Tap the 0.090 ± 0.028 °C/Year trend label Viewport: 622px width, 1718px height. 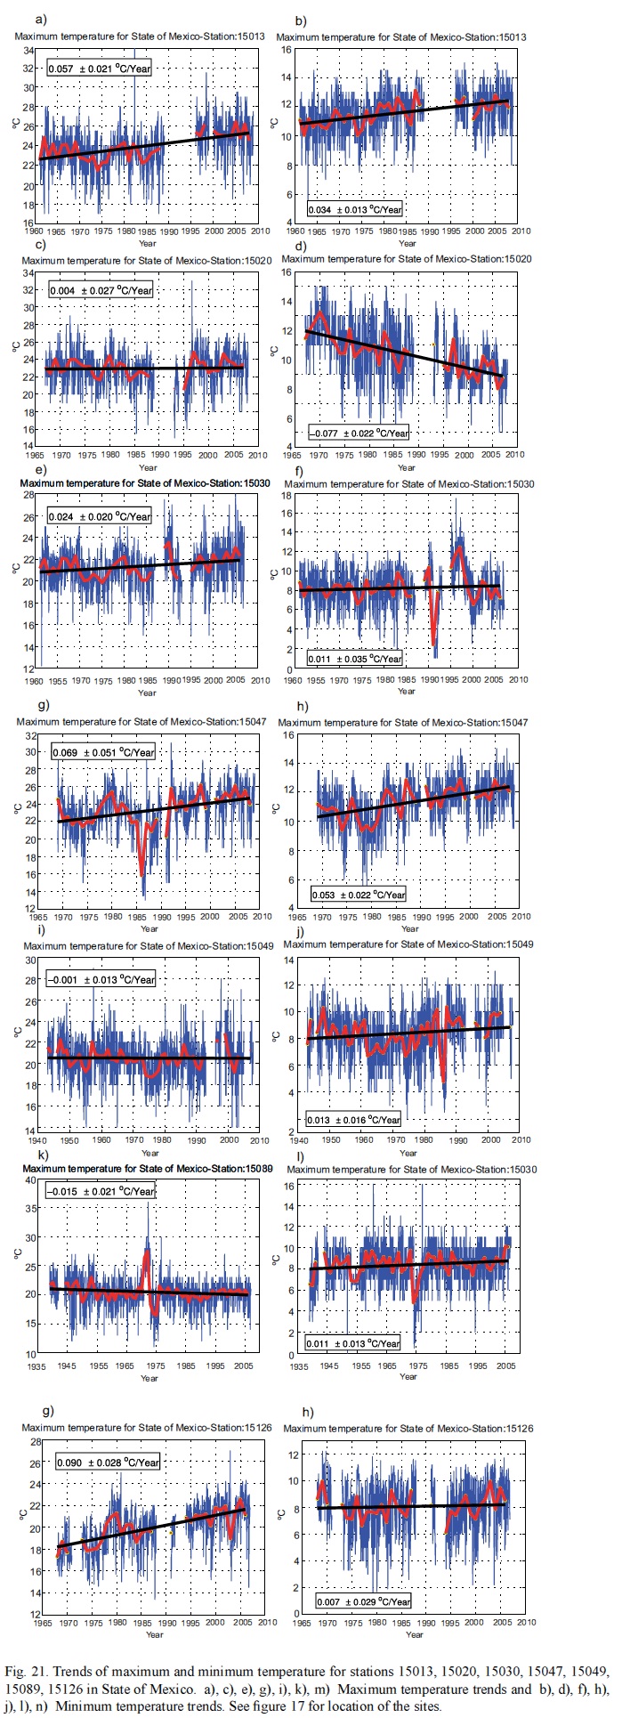tap(108, 1463)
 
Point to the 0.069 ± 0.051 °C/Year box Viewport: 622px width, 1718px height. tap(102, 753)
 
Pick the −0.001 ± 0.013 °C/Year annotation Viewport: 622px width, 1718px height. tap(101, 979)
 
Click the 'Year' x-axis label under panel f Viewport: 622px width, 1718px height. tap(406, 692)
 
